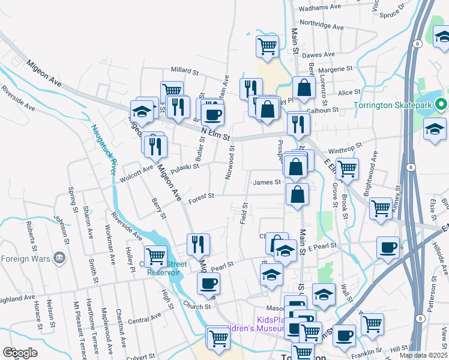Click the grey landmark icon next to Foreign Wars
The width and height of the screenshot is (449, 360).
[x=59, y=258]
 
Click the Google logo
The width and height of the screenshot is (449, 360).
[x=20, y=353]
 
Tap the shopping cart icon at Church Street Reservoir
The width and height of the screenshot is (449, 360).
[x=155, y=256]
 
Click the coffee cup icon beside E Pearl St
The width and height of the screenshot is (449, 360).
[x=388, y=247]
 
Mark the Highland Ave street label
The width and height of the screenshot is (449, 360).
[x=17, y=298]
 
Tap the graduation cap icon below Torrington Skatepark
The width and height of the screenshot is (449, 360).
[x=435, y=129]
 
